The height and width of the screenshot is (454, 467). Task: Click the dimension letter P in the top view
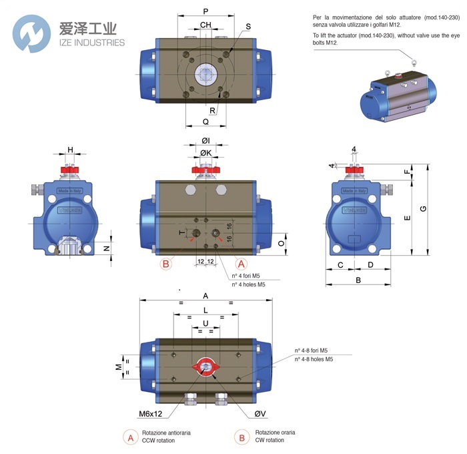point(205,11)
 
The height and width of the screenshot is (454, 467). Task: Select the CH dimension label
point(205,25)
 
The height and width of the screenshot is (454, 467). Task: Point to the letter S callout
point(248,27)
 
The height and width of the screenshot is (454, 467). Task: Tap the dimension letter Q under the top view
point(205,122)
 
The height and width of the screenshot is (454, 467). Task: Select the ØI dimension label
point(205,141)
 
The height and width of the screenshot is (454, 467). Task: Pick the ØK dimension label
point(205,154)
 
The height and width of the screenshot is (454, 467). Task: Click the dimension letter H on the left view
point(70,150)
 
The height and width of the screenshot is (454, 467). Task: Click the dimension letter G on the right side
point(423,209)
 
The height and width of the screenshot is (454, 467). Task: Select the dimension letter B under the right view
point(358,280)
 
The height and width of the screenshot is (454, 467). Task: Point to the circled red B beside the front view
point(166,264)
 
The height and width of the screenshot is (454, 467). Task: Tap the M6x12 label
point(151,414)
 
